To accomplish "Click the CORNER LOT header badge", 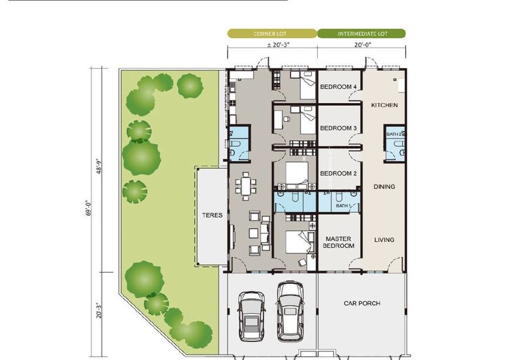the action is (x=272, y=34).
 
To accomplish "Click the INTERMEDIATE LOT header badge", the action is (x=361, y=34).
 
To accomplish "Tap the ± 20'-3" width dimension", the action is (x=279, y=45).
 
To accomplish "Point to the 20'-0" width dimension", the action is (x=363, y=45).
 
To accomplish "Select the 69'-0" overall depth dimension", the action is (x=89, y=208).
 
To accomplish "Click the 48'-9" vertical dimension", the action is (x=99, y=166).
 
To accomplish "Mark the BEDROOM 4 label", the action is (x=338, y=87).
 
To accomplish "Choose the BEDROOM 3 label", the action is (x=338, y=128).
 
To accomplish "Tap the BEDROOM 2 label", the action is (x=338, y=173).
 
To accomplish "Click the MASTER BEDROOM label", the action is (x=339, y=242).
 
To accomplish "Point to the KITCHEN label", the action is (x=384, y=105).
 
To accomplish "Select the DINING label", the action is (x=384, y=187).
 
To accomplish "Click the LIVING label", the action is (x=384, y=240).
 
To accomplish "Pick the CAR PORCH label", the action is (x=362, y=303).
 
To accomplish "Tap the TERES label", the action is (x=213, y=215).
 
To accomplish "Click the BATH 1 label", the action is (x=343, y=205).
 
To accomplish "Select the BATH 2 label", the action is (x=394, y=134).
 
